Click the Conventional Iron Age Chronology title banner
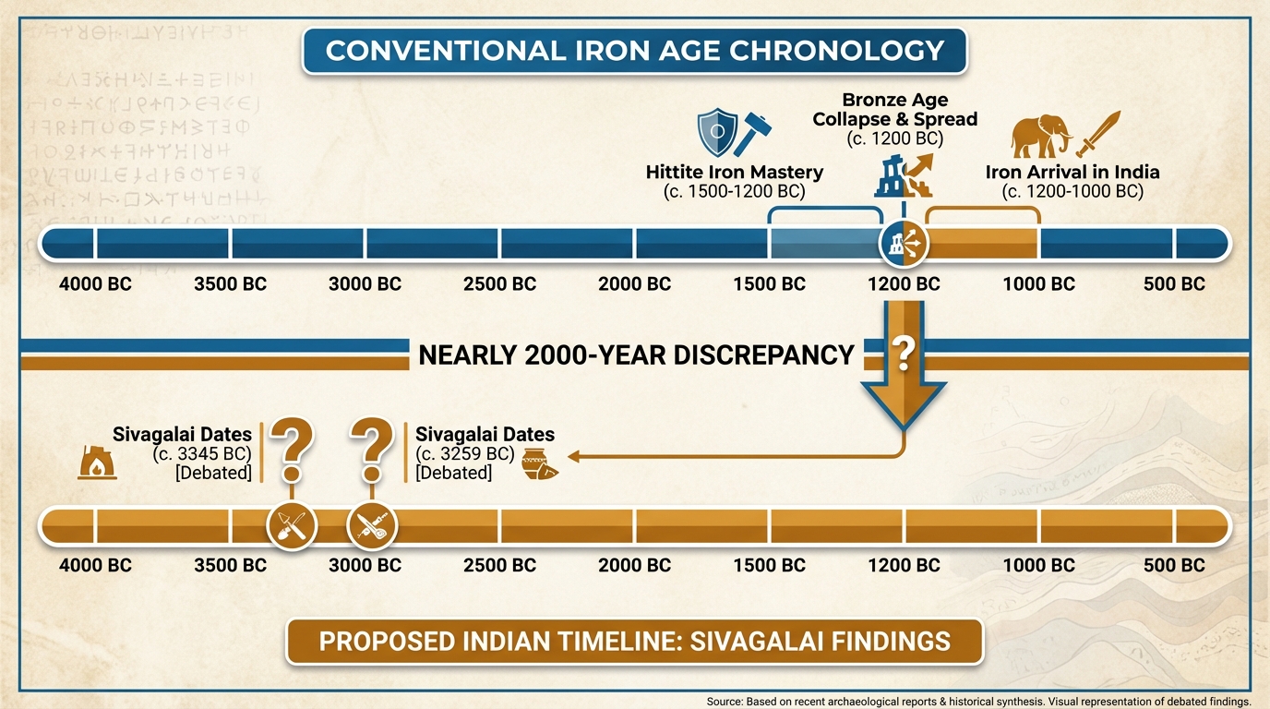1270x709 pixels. click(634, 50)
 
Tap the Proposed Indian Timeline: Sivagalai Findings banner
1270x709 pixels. click(634, 641)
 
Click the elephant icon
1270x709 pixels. click(1040, 137)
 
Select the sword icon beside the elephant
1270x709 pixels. click(1098, 135)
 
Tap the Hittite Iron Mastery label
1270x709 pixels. click(735, 173)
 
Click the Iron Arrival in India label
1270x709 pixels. click(1072, 173)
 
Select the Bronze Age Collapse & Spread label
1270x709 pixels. click(894, 110)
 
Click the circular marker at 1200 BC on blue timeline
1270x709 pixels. click(903, 243)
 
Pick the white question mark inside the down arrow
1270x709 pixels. click(905, 353)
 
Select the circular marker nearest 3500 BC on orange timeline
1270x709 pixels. click(292, 526)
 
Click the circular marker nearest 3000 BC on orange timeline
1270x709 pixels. click(372, 526)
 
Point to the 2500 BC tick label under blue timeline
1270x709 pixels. click(499, 284)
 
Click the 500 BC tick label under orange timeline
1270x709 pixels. click(1174, 565)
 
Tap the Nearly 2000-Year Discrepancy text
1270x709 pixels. click(636, 354)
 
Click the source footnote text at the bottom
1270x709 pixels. click(977, 701)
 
